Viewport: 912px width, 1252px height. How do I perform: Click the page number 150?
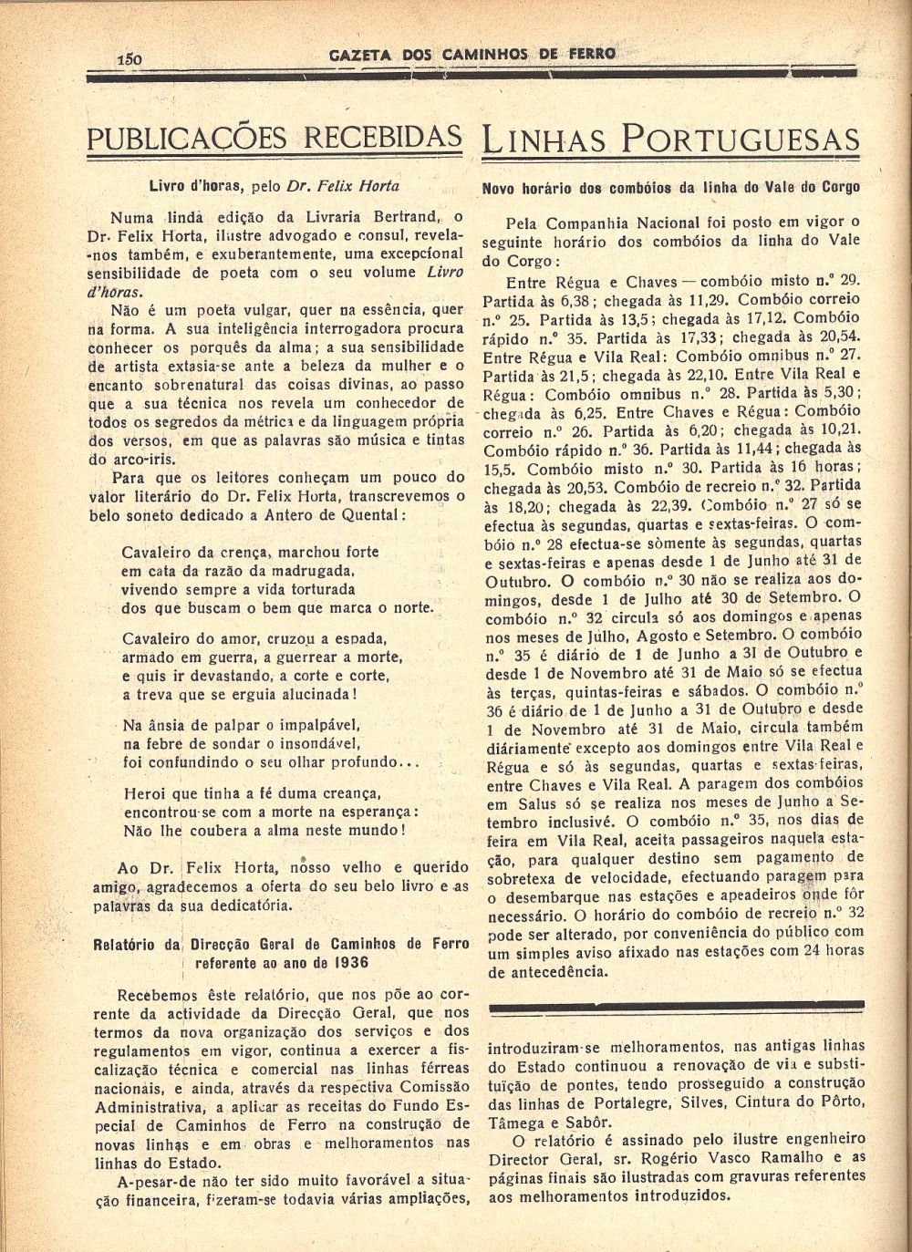(130, 57)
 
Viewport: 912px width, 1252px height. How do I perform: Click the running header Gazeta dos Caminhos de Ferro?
(472, 54)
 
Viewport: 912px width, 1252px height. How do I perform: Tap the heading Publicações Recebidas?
(274, 138)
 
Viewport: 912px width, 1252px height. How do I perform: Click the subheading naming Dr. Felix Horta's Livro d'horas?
(274, 186)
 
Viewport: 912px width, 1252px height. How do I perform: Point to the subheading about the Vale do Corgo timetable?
(670, 188)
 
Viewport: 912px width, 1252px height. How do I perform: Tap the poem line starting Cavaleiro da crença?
(250, 552)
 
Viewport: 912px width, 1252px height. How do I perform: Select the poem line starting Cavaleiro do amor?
(254, 638)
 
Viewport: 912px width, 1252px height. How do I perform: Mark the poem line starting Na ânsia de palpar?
(242, 725)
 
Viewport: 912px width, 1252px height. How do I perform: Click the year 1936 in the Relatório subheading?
(350, 962)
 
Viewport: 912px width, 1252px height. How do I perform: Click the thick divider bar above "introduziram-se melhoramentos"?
(676, 1005)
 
